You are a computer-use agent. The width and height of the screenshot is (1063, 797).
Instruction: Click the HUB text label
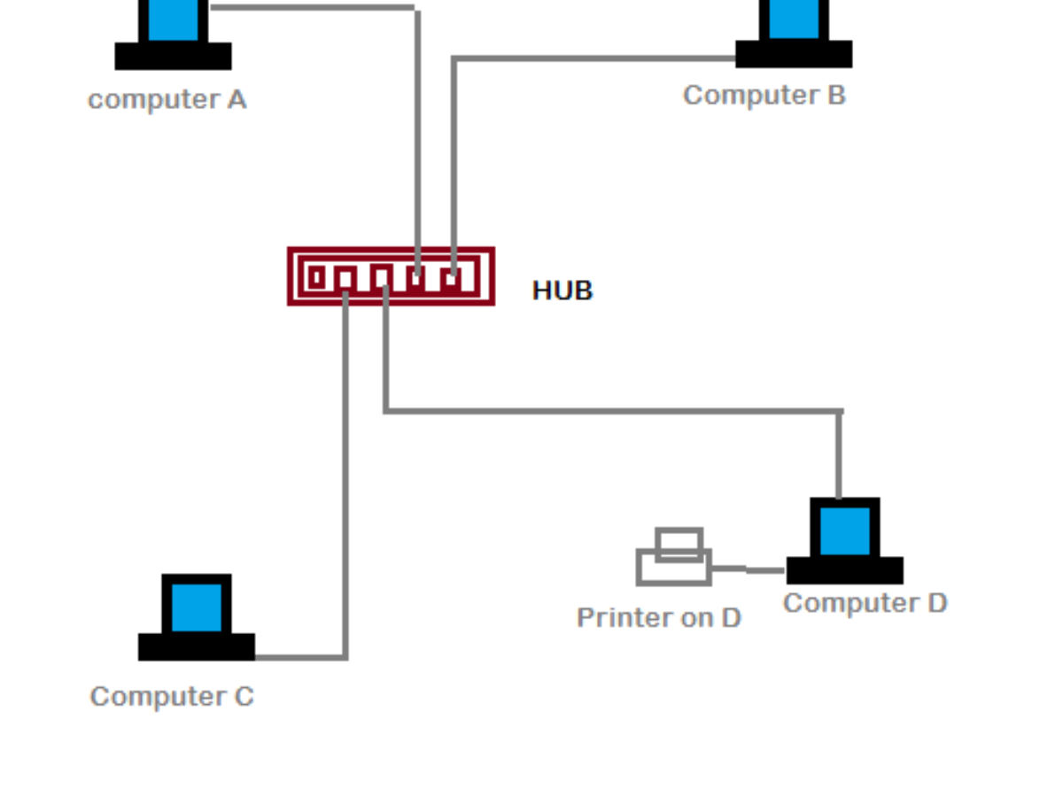pos(563,290)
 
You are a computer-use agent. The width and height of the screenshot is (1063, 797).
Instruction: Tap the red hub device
pos(391,276)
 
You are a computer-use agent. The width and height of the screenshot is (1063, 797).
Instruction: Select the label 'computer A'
pos(167,99)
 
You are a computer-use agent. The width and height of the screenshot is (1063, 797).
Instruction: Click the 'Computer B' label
pos(764,95)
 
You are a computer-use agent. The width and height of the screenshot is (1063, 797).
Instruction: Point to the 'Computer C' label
pos(172,697)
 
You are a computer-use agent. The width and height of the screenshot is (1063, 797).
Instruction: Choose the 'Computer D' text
pos(865,603)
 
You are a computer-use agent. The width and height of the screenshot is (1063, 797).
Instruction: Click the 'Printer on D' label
pos(658,617)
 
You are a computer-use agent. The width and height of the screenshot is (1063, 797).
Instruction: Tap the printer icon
pos(674,560)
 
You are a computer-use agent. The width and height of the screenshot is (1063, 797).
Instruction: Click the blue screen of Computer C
pos(197,607)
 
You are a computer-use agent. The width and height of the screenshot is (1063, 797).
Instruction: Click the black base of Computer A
pos(174,56)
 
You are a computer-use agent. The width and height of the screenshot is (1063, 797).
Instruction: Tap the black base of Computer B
pos(794,54)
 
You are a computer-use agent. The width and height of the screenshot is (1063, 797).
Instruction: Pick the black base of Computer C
pos(197,646)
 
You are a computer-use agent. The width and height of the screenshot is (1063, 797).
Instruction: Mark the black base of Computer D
pos(845,570)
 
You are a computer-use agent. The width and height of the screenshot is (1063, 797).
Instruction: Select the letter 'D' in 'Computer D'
pos(936,603)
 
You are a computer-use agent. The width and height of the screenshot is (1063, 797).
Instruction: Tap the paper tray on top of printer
pos(679,542)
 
